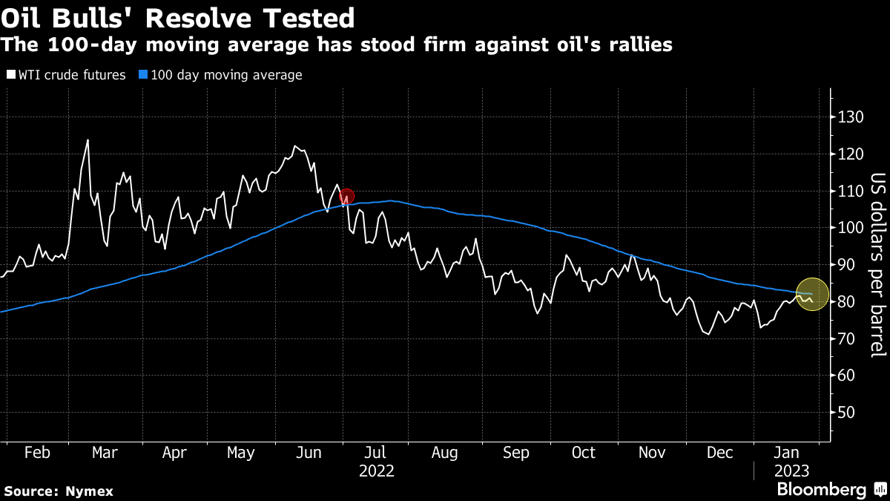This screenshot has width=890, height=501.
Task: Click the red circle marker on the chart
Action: coord(346,197)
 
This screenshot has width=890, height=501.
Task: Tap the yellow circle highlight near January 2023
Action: coord(812,294)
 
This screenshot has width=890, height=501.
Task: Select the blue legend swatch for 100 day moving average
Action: coord(144,75)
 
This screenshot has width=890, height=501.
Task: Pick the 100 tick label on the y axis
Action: coord(853,228)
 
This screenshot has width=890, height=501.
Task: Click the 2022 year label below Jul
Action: coord(377,471)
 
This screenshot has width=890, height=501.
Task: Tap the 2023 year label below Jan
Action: coord(792,471)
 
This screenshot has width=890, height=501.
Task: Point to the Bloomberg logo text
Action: coord(821,490)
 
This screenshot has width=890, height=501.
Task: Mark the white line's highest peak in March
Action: coord(88,140)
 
